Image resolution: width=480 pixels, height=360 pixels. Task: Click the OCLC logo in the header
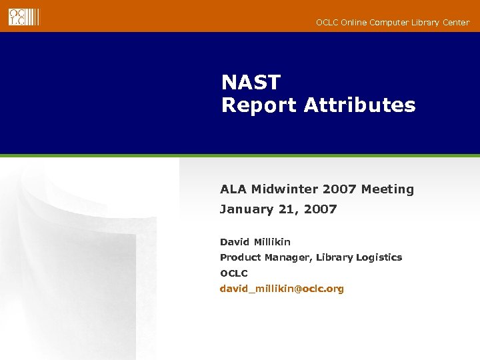(x=24, y=17)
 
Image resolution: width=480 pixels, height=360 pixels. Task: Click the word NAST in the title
(x=251, y=83)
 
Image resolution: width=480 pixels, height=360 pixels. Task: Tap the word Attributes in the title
(x=359, y=105)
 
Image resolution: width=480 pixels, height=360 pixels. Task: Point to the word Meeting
(x=387, y=189)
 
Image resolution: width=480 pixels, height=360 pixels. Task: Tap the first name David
(x=235, y=242)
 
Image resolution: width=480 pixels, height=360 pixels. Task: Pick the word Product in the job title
(x=241, y=257)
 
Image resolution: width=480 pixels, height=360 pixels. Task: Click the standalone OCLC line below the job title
(x=234, y=273)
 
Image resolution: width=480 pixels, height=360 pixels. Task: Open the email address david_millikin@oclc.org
(x=282, y=289)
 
